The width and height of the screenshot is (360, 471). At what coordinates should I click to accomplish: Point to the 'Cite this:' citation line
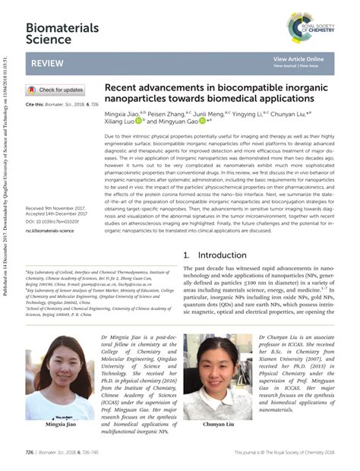(x=61, y=103)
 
